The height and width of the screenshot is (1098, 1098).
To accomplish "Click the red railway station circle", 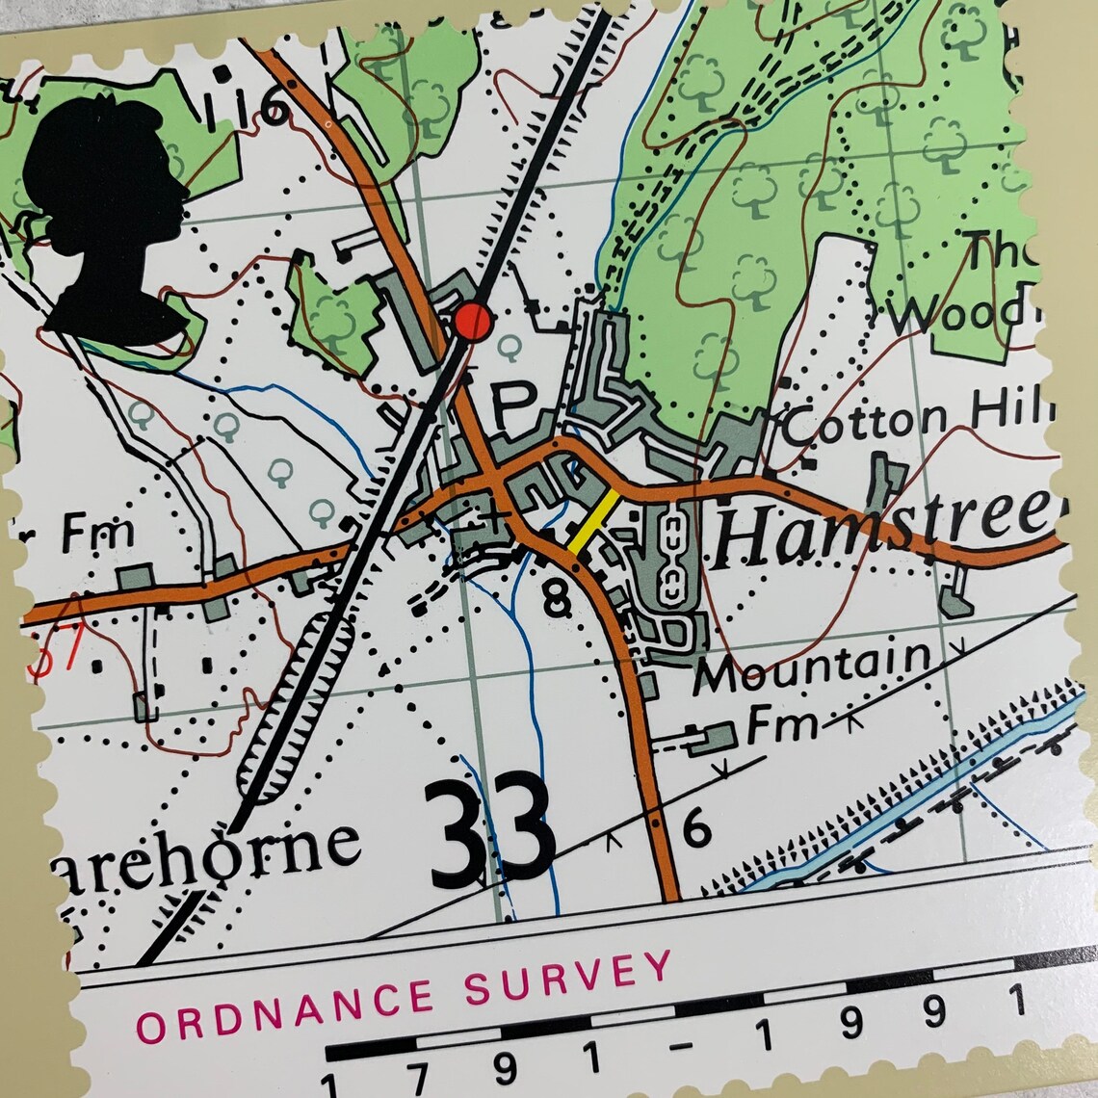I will click(472, 321).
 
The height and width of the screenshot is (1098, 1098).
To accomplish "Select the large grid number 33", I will click(489, 835).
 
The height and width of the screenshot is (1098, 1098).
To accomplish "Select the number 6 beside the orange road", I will click(695, 827).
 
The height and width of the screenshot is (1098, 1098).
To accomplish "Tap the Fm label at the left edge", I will click(96, 533).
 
